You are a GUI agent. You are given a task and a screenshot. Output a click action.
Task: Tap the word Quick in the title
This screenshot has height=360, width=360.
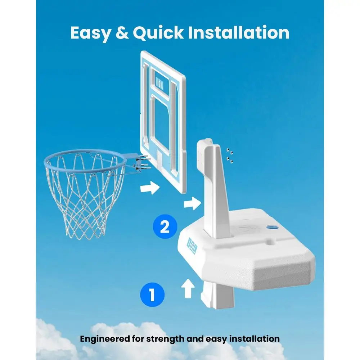point(158,33)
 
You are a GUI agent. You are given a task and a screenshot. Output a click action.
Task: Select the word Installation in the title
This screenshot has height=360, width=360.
point(239,32)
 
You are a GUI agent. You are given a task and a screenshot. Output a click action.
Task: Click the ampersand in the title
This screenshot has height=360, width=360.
point(122,33)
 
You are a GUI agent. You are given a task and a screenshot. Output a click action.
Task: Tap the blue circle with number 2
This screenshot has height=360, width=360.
point(165,226)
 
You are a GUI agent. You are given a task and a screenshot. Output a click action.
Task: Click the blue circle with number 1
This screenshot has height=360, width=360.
point(152,294)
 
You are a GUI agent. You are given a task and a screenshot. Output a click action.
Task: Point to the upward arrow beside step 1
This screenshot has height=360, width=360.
point(188,288)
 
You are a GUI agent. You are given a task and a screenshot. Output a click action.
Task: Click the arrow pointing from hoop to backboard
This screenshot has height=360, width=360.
point(150,187)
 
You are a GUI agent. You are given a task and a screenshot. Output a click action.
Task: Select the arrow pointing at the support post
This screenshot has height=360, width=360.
point(192,203)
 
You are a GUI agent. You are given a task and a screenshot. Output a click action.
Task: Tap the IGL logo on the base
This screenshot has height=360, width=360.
point(192,246)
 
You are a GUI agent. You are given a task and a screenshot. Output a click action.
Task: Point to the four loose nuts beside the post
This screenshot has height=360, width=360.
point(230,156)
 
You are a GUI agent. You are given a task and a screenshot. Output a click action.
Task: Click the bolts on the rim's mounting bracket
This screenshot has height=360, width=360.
point(142,163)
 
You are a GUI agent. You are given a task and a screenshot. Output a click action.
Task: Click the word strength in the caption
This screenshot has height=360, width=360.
point(165,339)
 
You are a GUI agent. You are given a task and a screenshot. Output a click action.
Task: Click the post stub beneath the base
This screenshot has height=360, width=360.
point(217,295)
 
